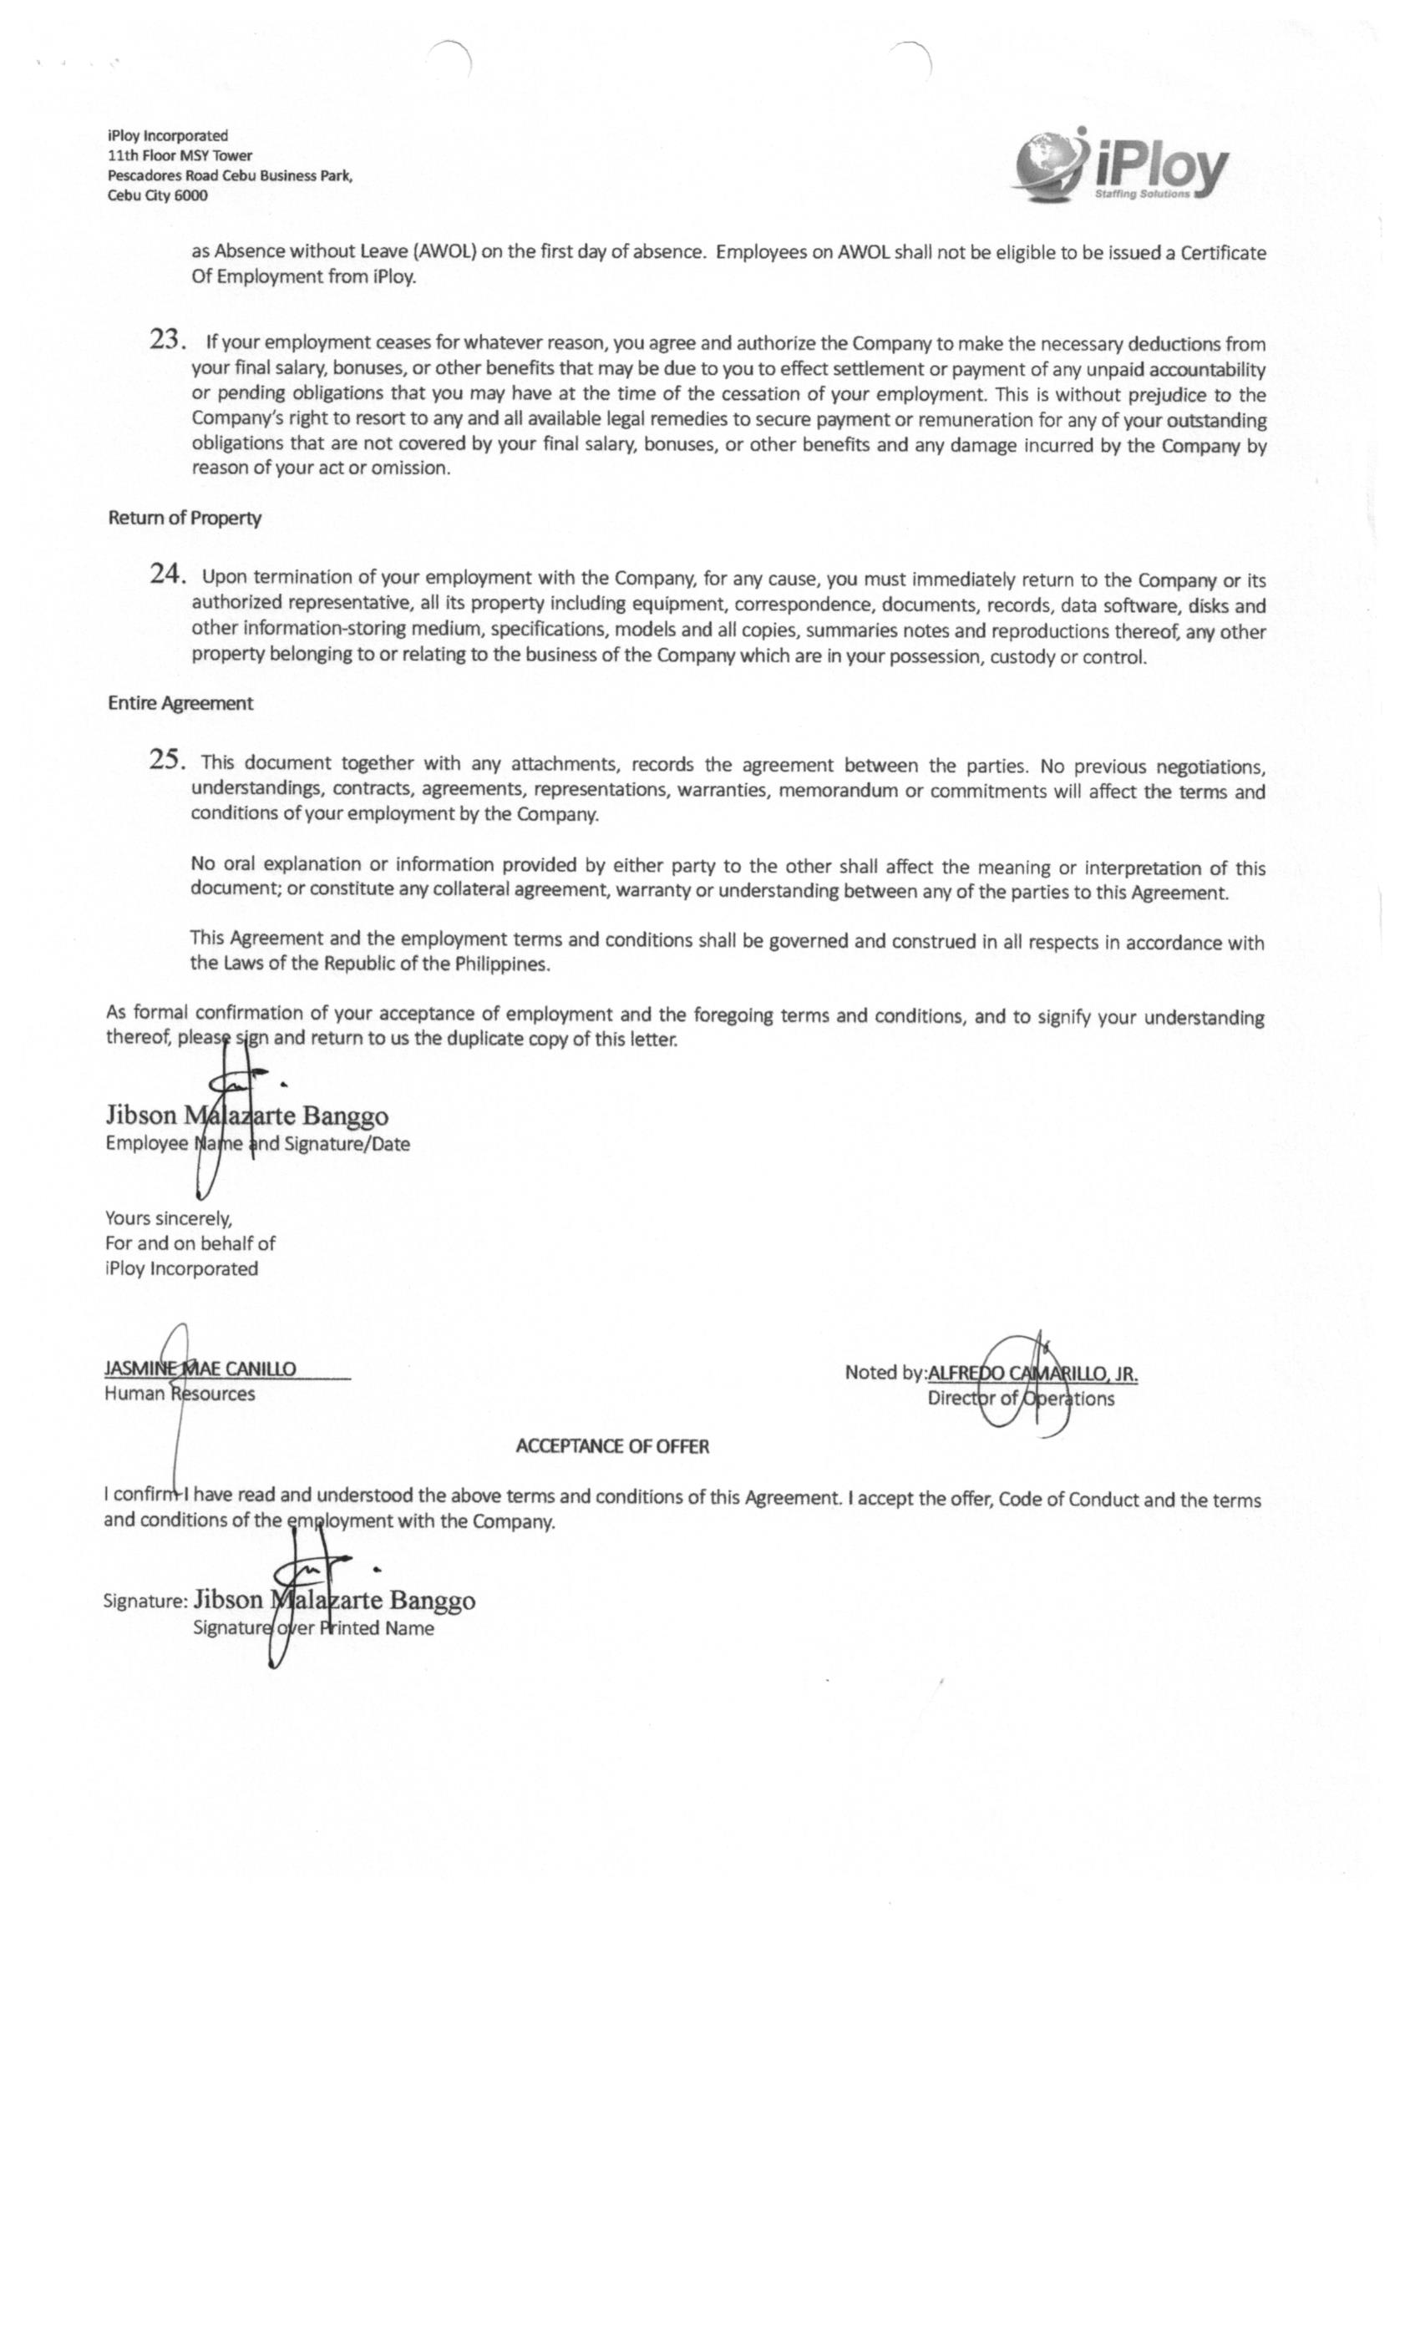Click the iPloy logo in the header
(1122, 167)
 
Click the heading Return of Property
(184, 518)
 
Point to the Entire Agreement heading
(180, 703)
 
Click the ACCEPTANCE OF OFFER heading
(612, 1446)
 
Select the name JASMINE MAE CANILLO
(200, 1369)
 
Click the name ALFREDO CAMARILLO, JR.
(1032, 1373)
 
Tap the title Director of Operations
(1021, 1399)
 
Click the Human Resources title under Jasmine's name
(180, 1394)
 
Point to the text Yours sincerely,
(169, 1218)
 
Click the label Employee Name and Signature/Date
(257, 1144)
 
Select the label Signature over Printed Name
(313, 1628)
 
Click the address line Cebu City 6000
(158, 195)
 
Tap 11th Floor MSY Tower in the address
(180, 155)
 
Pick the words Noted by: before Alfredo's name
(885, 1372)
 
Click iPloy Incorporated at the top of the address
(168, 135)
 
